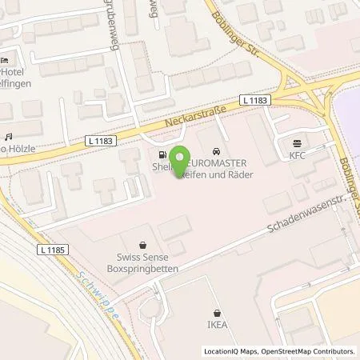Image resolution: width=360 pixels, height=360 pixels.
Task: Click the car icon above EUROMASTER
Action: [217, 152]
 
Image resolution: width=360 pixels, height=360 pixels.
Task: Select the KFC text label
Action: [298, 158]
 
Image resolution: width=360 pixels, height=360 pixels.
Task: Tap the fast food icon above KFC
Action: [298, 145]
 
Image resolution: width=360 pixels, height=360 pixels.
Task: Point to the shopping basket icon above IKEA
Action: [218, 314]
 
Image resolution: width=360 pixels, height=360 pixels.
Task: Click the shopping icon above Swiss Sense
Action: [142, 245]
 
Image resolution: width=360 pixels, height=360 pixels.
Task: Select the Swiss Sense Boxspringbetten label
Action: [142, 264]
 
